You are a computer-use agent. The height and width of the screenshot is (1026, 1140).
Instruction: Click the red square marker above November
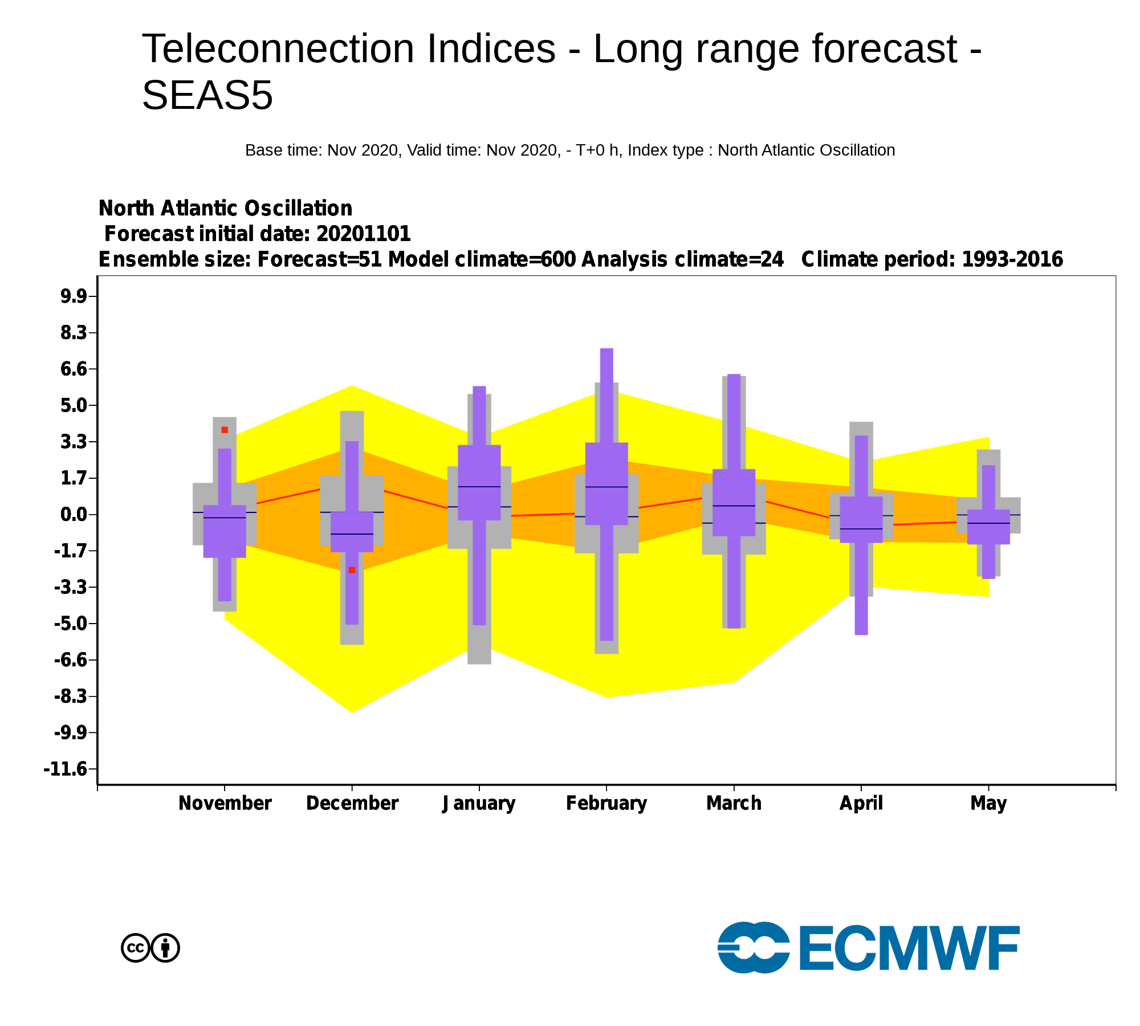pyautogui.click(x=225, y=430)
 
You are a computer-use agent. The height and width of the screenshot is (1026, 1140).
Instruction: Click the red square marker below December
pyautogui.click(x=352, y=570)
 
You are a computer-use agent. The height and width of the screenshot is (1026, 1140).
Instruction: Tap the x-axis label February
pyautogui.click(x=606, y=803)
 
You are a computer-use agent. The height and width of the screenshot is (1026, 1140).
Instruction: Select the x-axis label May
pyautogui.click(x=988, y=804)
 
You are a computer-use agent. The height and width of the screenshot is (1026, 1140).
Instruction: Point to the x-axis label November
pyautogui.click(x=225, y=803)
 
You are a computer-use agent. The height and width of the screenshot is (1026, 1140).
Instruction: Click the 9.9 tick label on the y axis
pyautogui.click(x=74, y=296)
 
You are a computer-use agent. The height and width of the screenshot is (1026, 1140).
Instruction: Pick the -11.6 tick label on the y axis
pyautogui.click(x=66, y=769)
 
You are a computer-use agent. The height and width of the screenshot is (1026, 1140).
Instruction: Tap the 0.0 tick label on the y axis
pyautogui.click(x=74, y=515)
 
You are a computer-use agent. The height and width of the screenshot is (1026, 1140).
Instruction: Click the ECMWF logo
pyautogui.click(x=868, y=947)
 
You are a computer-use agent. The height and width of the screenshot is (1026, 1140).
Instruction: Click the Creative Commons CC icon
pyautogui.click(x=136, y=948)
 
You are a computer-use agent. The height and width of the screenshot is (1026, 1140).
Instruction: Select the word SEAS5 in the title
pyautogui.click(x=207, y=95)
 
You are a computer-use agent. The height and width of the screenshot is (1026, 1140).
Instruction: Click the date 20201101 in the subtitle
pyautogui.click(x=364, y=234)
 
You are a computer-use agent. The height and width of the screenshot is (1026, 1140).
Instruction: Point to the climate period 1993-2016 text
pyautogui.click(x=1012, y=259)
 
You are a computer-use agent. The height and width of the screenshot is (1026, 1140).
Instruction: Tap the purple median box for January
pyautogui.click(x=479, y=482)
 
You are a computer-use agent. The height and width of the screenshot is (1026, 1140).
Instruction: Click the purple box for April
pyautogui.click(x=861, y=519)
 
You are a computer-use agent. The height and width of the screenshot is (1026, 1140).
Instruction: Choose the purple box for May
pyautogui.click(x=988, y=527)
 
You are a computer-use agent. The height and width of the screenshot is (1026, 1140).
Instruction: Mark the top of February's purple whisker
pyautogui.click(x=606, y=349)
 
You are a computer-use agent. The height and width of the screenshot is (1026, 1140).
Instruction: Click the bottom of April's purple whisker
pyautogui.click(x=861, y=634)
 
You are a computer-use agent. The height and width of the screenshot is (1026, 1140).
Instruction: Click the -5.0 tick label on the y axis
pyautogui.click(x=71, y=624)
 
